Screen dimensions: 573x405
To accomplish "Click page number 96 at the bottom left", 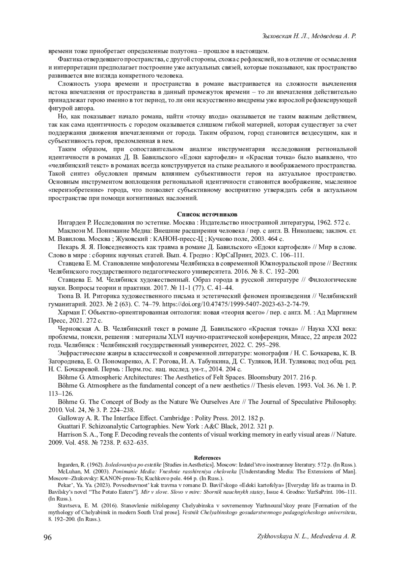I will (47, 538).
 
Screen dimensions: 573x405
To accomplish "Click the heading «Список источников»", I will (207, 214).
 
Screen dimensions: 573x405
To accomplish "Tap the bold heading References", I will (207, 458).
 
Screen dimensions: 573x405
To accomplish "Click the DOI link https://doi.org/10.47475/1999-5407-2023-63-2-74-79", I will (236, 304).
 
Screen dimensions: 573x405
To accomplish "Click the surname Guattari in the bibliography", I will (69, 426).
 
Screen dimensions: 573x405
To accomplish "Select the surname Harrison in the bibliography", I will (69, 435).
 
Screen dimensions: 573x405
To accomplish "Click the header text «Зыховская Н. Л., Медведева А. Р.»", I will (309, 36).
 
